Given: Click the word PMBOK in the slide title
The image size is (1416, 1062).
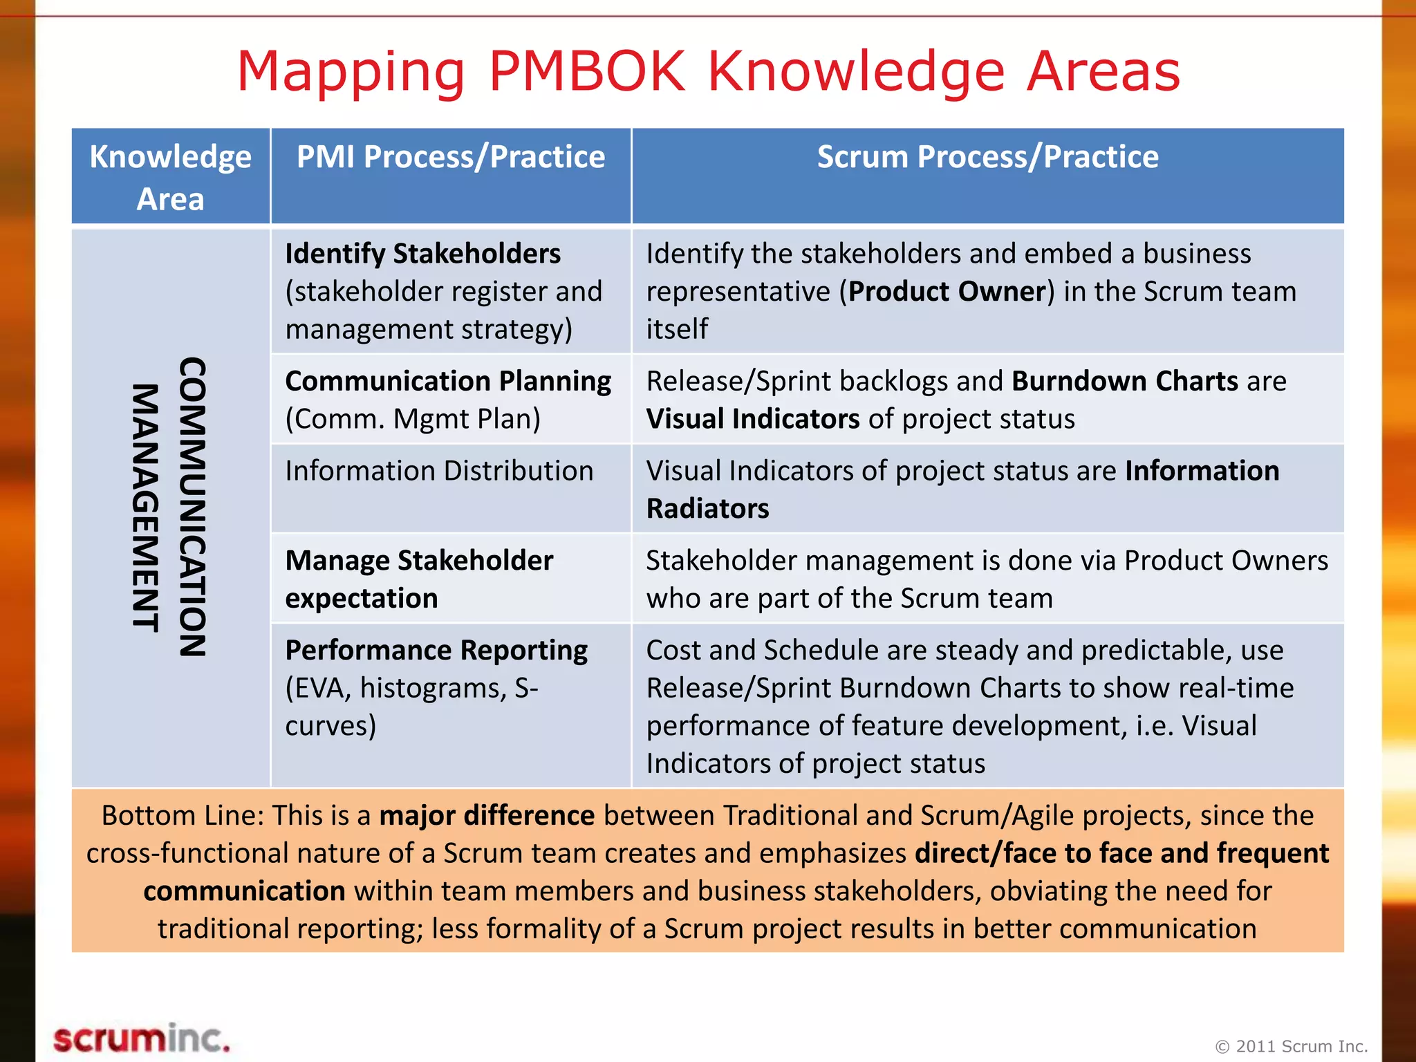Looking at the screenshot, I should click(x=586, y=71).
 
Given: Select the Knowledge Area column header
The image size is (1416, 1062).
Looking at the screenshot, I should click(x=170, y=177).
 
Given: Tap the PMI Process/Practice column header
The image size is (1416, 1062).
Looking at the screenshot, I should click(x=451, y=157).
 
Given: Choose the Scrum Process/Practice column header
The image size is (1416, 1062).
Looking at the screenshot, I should click(x=987, y=157).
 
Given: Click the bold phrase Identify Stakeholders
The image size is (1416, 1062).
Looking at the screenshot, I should click(x=422, y=254).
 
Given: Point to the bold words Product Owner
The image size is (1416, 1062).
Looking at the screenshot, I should click(x=947, y=292).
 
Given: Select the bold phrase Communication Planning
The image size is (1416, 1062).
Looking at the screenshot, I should click(x=448, y=381).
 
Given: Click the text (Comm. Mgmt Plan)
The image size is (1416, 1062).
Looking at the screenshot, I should click(x=413, y=419).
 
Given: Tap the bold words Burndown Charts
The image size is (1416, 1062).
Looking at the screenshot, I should click(x=1124, y=381).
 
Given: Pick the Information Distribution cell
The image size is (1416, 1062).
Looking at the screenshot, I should click(x=439, y=471).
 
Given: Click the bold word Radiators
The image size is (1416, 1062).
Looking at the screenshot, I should click(x=707, y=509).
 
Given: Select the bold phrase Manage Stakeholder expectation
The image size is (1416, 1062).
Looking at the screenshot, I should click(x=419, y=579).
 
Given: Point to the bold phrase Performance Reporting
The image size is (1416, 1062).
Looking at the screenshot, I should click(x=436, y=650).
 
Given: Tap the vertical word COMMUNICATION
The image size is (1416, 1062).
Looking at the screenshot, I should click(x=192, y=507).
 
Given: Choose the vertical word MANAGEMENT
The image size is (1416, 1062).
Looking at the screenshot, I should click(x=145, y=508).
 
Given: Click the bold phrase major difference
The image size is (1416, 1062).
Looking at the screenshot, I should click(x=487, y=816).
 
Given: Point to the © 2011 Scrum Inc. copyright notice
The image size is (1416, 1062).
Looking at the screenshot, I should click(x=1291, y=1046).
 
